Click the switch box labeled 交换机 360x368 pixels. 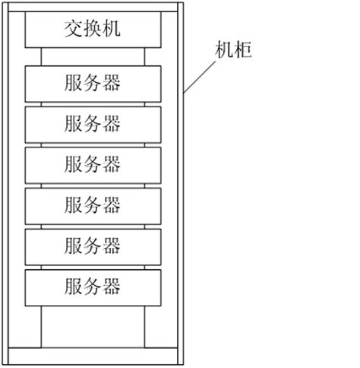(93, 30)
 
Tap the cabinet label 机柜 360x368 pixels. (232, 51)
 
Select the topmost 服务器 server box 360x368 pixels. (93, 82)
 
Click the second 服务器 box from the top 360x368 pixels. (93, 123)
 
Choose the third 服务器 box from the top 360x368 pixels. (93, 163)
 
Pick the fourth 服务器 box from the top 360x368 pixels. (93, 205)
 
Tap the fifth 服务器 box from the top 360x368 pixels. (93, 246)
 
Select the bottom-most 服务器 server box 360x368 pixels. (93, 287)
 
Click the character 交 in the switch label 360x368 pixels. (73, 30)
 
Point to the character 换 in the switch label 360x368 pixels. (93, 30)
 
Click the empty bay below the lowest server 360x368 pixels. (93, 326)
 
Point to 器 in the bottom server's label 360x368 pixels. (112, 287)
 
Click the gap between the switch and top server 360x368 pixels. (93, 56)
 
